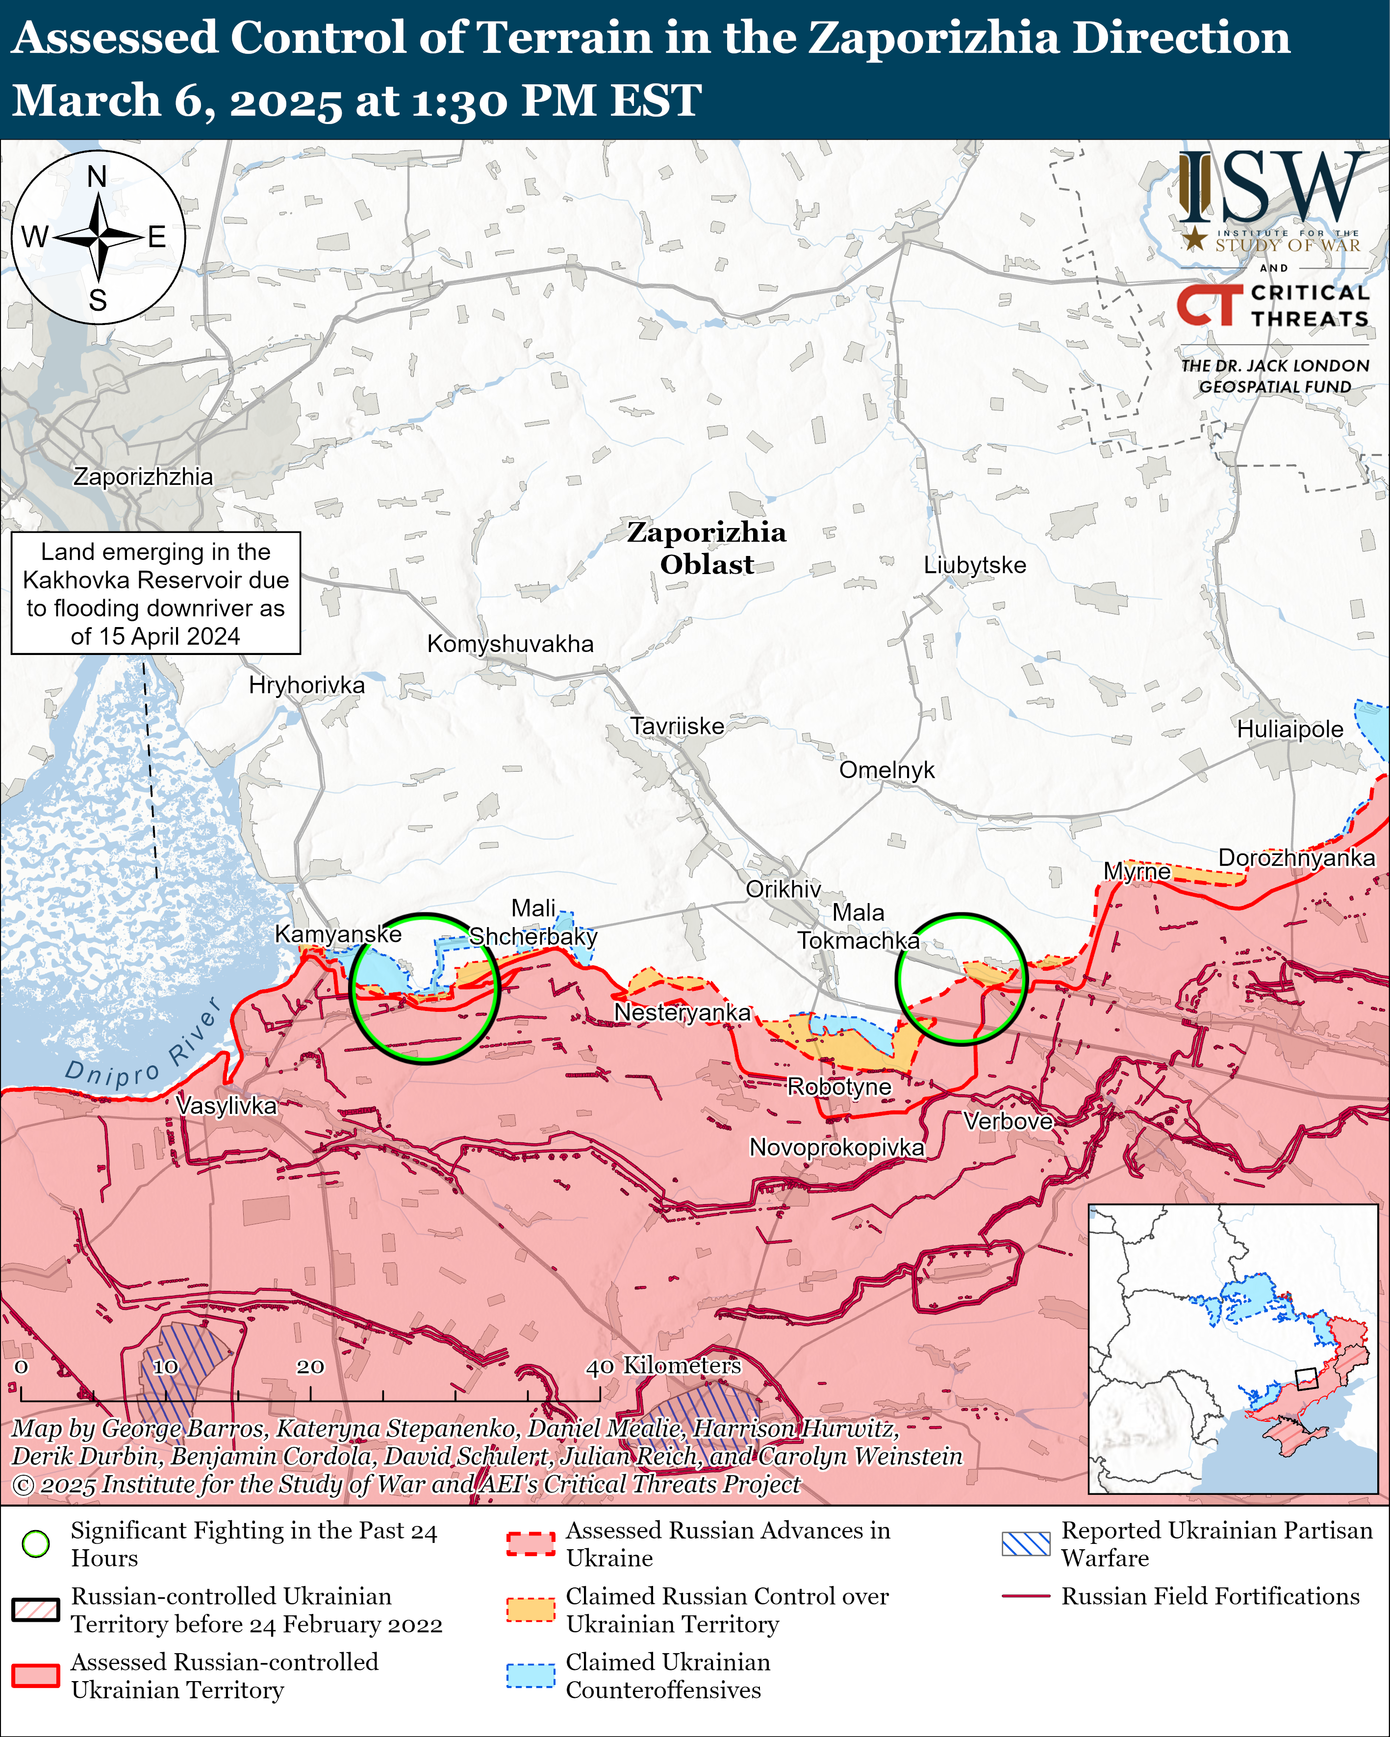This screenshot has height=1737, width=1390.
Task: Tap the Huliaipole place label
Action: coord(1289,729)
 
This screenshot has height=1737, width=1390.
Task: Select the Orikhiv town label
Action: coord(783,889)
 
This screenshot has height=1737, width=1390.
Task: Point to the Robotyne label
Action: coord(839,1087)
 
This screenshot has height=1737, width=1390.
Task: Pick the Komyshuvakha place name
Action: coord(510,644)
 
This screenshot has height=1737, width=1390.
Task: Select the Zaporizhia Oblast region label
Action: coord(707,548)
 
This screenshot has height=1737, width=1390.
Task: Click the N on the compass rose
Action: coord(97,176)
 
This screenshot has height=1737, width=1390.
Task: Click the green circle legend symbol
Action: coord(35,1544)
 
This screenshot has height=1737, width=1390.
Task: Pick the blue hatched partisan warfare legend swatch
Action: coord(1026,1544)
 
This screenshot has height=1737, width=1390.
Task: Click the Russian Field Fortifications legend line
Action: coord(1026,1596)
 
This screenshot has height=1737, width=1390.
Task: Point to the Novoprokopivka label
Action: coord(836,1147)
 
